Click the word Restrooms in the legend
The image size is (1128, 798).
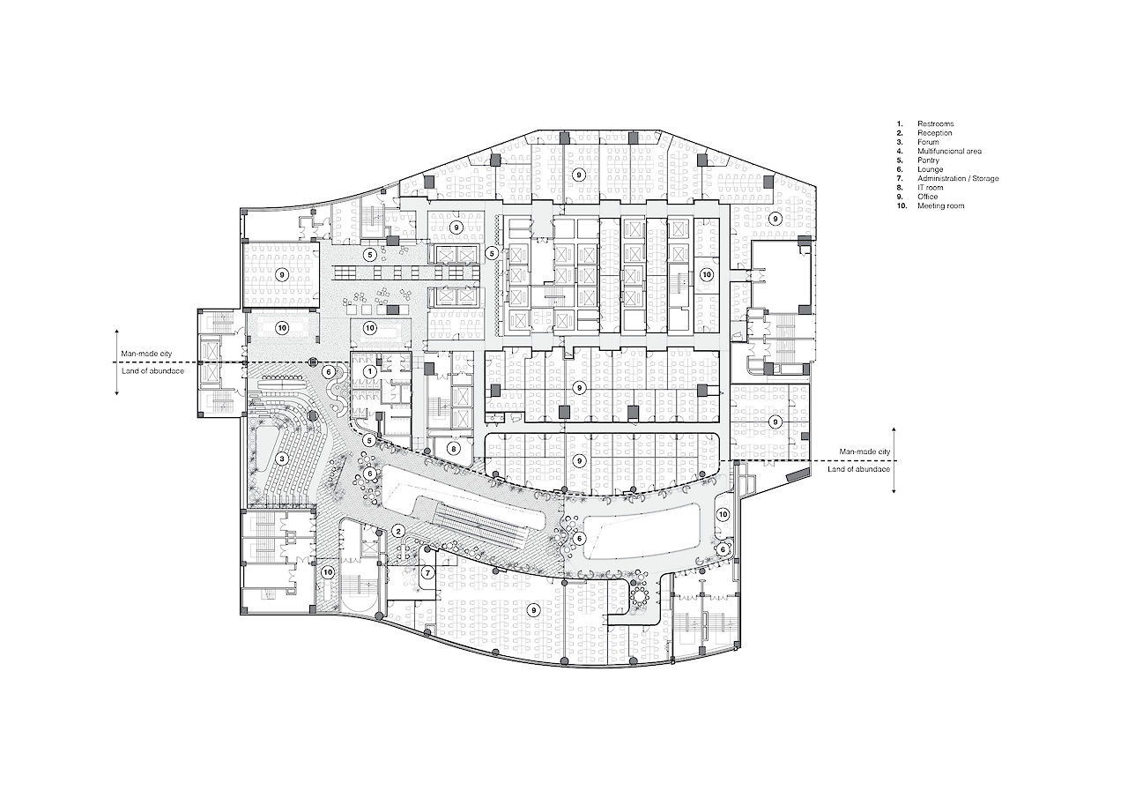click(935, 124)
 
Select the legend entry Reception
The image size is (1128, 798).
click(935, 133)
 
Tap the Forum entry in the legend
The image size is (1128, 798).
click(928, 142)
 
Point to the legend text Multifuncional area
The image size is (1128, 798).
click(949, 151)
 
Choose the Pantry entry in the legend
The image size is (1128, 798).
click(928, 160)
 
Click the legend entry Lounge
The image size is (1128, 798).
click(930, 169)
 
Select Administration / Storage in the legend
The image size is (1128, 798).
click(958, 178)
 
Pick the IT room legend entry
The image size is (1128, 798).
click(930, 188)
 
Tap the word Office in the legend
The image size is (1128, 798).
click(928, 197)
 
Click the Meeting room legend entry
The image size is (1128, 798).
click(940, 205)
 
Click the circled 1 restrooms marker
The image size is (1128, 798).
click(370, 372)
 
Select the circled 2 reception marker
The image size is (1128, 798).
click(398, 531)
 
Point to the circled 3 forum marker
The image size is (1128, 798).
click(282, 459)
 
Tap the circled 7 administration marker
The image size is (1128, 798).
click(428, 573)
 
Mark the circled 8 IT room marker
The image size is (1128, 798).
click(453, 448)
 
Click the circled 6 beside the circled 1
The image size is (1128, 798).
click(329, 372)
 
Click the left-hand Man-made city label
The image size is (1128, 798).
click(146, 354)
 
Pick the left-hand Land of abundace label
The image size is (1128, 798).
click(152, 371)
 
